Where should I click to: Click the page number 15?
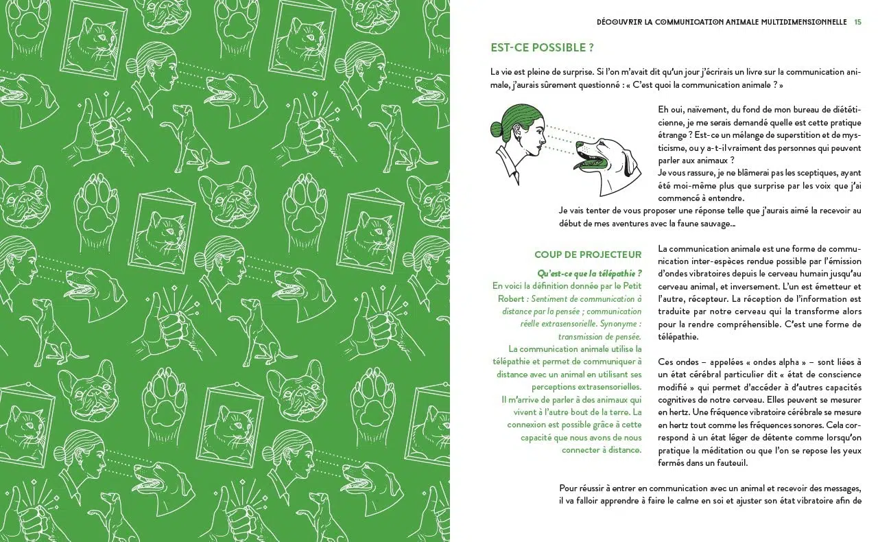(x=858, y=22)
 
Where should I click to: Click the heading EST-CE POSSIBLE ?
(x=542, y=48)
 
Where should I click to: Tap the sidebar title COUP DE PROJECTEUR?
(x=588, y=255)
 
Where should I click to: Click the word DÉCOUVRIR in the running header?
(x=621, y=22)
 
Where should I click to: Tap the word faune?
(x=688, y=223)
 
